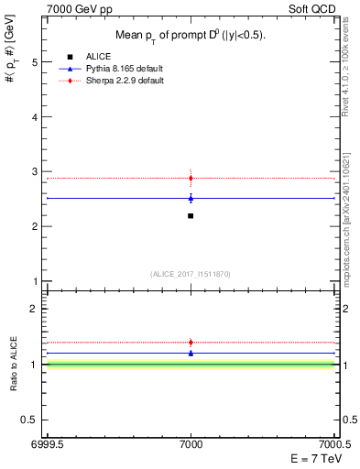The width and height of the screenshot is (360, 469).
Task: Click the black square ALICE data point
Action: click(x=191, y=215)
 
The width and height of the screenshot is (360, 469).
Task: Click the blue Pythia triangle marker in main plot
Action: click(x=191, y=198)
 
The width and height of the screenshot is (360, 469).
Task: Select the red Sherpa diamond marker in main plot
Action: click(x=191, y=178)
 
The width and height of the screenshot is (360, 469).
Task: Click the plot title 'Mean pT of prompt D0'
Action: click(x=190, y=36)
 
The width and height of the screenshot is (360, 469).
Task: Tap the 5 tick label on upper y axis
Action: click(x=35, y=62)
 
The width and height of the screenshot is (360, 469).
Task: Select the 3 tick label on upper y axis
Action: click(x=35, y=171)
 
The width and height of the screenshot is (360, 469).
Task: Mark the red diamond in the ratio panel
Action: click(x=191, y=342)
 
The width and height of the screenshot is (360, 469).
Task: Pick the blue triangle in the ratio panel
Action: click(x=191, y=353)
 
